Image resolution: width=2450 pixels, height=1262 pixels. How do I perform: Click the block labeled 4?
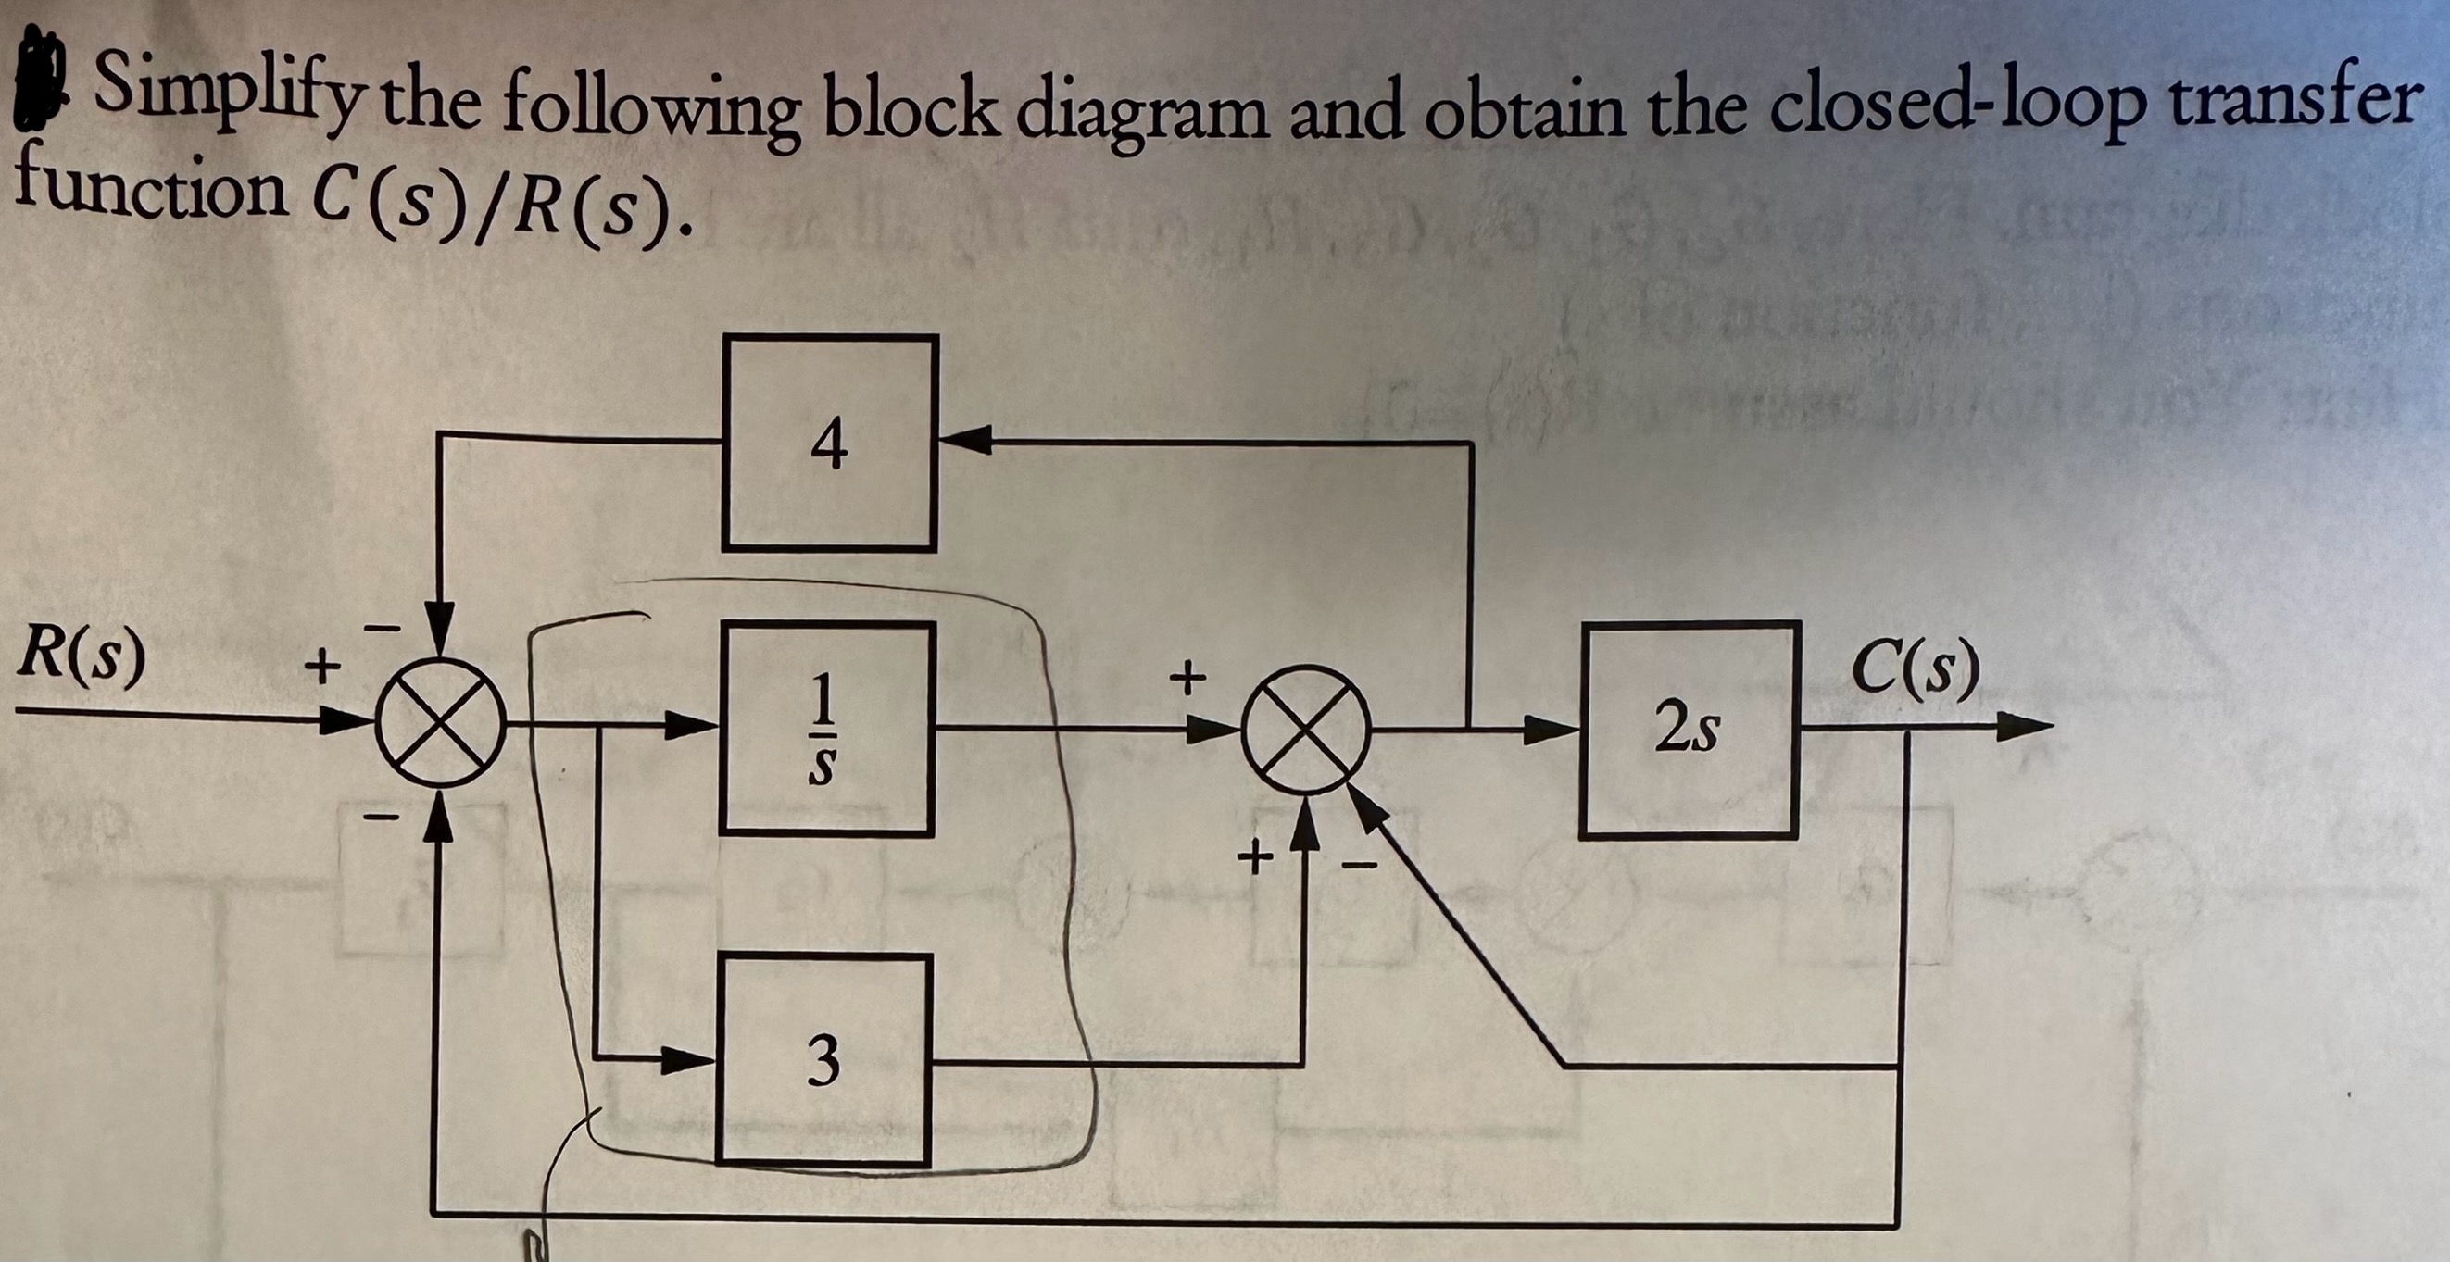coord(829,444)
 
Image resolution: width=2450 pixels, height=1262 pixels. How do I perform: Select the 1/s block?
coord(826,729)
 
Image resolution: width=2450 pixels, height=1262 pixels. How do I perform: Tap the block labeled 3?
coord(823,1060)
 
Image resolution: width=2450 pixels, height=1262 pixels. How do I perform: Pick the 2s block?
coord(1689,730)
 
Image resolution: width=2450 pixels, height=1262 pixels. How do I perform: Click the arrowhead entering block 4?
coord(962,440)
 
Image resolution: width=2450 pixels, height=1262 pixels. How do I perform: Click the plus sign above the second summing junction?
coord(1187,678)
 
